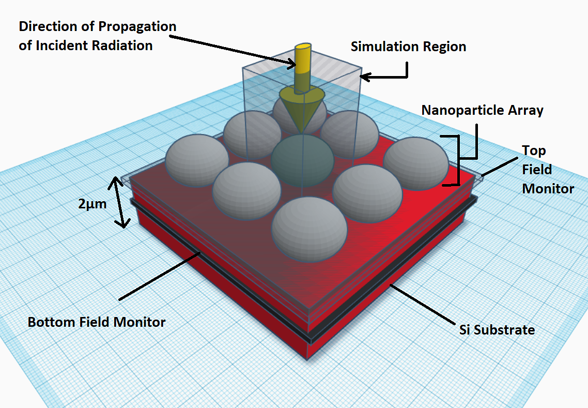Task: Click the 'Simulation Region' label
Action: coord(408,47)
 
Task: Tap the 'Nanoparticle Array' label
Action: coord(482,110)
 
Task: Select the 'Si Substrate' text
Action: coord(497,330)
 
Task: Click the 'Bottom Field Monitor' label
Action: coord(97,322)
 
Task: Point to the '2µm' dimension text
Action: coord(92,204)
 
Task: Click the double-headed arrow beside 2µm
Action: coord(119,202)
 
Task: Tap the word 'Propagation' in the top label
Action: coord(137,27)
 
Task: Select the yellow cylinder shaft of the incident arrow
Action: coord(303,69)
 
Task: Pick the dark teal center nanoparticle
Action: coord(302,161)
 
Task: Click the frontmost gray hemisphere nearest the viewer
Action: coord(310,229)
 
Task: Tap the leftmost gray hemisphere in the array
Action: coord(197,160)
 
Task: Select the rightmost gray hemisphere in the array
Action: coord(416,163)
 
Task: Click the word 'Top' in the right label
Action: coord(534,151)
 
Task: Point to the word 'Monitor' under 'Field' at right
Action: coord(548,188)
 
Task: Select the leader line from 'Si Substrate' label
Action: coord(422,304)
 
